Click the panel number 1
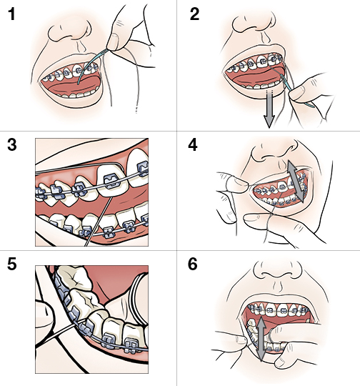[x=12, y=16]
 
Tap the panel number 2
[x=195, y=16]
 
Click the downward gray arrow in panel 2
[x=269, y=112]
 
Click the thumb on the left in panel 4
[x=227, y=183]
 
